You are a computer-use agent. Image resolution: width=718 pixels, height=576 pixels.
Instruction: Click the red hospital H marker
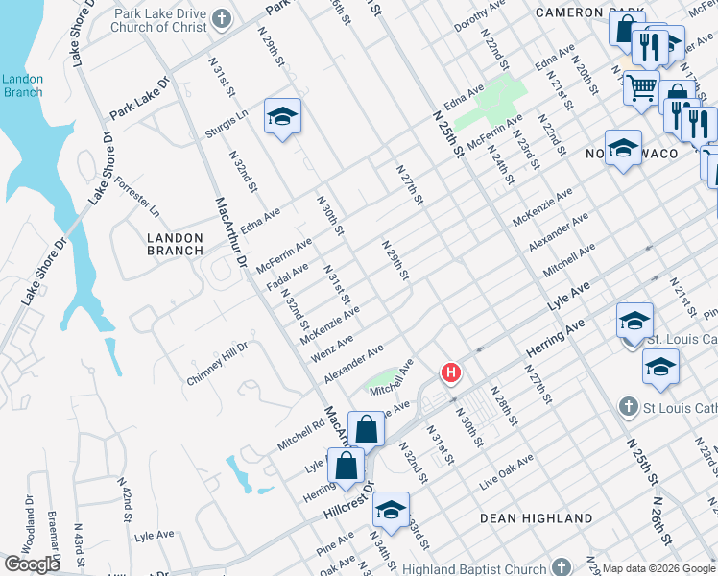click(449, 372)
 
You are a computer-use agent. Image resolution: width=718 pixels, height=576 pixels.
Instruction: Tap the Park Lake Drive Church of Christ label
click(159, 20)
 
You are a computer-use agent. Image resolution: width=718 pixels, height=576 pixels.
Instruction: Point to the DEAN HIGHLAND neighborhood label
click(537, 518)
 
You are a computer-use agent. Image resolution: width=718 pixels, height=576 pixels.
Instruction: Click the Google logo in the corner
click(32, 564)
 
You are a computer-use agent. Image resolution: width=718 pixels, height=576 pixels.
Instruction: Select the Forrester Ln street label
click(137, 195)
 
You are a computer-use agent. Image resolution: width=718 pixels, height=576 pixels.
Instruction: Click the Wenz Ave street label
click(332, 348)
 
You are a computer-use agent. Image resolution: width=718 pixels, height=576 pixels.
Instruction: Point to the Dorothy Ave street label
click(479, 16)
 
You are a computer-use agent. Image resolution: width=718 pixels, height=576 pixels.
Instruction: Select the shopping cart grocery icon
click(641, 88)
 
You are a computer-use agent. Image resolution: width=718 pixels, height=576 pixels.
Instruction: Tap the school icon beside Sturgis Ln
click(282, 116)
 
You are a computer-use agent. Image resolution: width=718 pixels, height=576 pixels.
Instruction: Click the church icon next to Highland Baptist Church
click(562, 568)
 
